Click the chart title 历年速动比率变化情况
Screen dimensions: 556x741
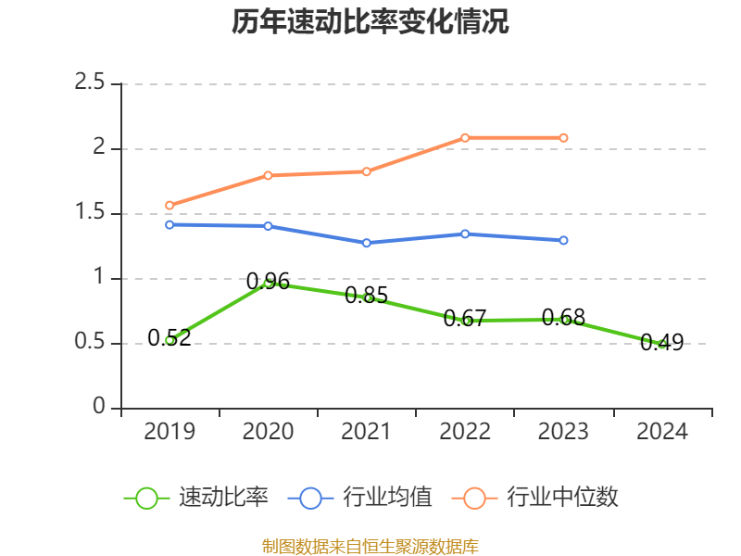pyautogui.click(x=370, y=22)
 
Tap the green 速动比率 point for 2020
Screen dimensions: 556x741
pyautogui.click(x=268, y=283)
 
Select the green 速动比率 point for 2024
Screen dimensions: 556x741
pyautogui.click(x=661, y=344)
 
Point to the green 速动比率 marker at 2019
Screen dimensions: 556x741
pyautogui.click(x=170, y=340)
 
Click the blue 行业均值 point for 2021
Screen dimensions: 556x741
pyautogui.click(x=367, y=243)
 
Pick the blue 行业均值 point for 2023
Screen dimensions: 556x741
pyautogui.click(x=563, y=240)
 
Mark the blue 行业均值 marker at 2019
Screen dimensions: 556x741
pyautogui.click(x=170, y=224)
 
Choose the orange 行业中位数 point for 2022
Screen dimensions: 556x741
pyautogui.click(x=465, y=137)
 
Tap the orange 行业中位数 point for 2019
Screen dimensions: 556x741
pyautogui.click(x=170, y=205)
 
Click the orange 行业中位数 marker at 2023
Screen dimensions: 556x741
pyautogui.click(x=563, y=137)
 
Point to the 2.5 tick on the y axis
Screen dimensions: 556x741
pyautogui.click(x=91, y=83)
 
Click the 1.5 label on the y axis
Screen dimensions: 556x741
pyautogui.click(x=91, y=213)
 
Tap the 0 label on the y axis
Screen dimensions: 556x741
pyautogui.click(x=100, y=408)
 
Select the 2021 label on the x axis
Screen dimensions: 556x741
pyautogui.click(x=367, y=432)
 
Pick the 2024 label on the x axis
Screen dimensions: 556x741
pyautogui.click(x=661, y=432)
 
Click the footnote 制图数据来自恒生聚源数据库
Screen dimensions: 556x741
pyautogui.click(x=370, y=546)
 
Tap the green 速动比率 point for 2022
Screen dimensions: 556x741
pyautogui.click(x=465, y=321)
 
